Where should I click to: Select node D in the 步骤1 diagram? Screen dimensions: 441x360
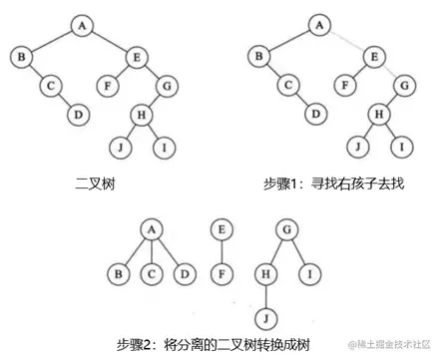(x=315, y=113)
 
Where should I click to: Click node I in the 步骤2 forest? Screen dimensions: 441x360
(x=311, y=270)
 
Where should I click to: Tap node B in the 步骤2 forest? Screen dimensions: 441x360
(x=121, y=271)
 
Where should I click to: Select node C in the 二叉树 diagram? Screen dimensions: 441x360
(x=50, y=86)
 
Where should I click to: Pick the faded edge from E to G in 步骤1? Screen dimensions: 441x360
(x=390, y=71)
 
